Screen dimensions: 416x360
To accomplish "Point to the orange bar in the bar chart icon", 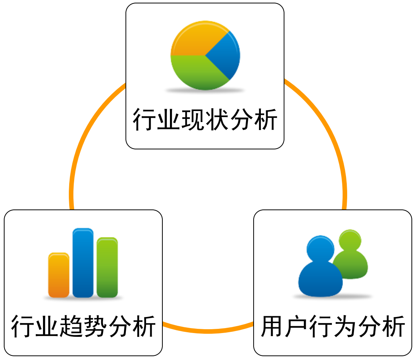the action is [x=59, y=275].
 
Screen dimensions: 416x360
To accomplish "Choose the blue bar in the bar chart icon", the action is [x=83, y=262].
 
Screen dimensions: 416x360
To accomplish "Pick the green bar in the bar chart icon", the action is [x=107, y=267].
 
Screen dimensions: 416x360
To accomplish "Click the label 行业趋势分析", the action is [x=83, y=326].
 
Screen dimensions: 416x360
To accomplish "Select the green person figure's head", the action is [x=350, y=240].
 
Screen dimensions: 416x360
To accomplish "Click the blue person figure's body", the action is [x=320, y=281].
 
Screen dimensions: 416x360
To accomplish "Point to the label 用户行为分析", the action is [x=333, y=326].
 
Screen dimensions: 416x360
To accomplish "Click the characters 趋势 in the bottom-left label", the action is [x=83, y=326].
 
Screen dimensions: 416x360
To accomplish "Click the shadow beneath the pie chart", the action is [x=205, y=90].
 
